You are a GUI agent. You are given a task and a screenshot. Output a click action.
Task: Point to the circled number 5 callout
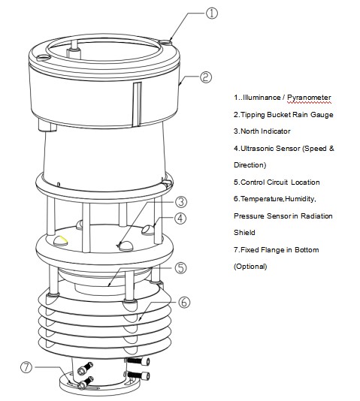[181, 267]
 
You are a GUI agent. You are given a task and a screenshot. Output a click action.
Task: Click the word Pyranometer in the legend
[304, 98]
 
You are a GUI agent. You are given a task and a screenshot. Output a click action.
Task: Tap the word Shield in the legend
[244, 233]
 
